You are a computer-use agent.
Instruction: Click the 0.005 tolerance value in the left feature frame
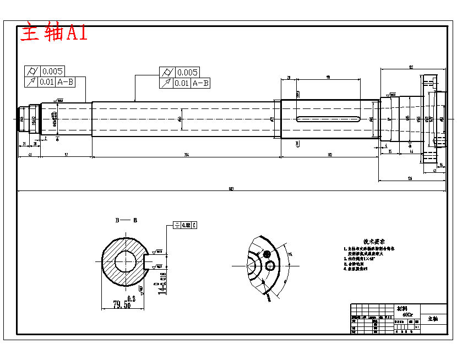point(53,71)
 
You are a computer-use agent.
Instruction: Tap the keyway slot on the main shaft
point(328,118)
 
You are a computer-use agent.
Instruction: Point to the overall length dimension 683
point(231,189)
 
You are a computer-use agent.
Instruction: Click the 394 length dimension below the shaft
point(186,155)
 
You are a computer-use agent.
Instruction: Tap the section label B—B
point(126,220)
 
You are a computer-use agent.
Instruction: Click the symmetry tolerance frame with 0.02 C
point(185,225)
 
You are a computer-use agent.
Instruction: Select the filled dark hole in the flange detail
point(267,254)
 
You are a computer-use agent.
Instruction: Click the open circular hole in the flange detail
point(270,266)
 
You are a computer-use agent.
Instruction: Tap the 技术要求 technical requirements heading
point(373,242)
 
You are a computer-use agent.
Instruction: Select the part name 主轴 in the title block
point(433,319)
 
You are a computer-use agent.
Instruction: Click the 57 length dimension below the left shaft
point(66,155)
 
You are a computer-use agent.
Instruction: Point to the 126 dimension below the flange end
point(410,178)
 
